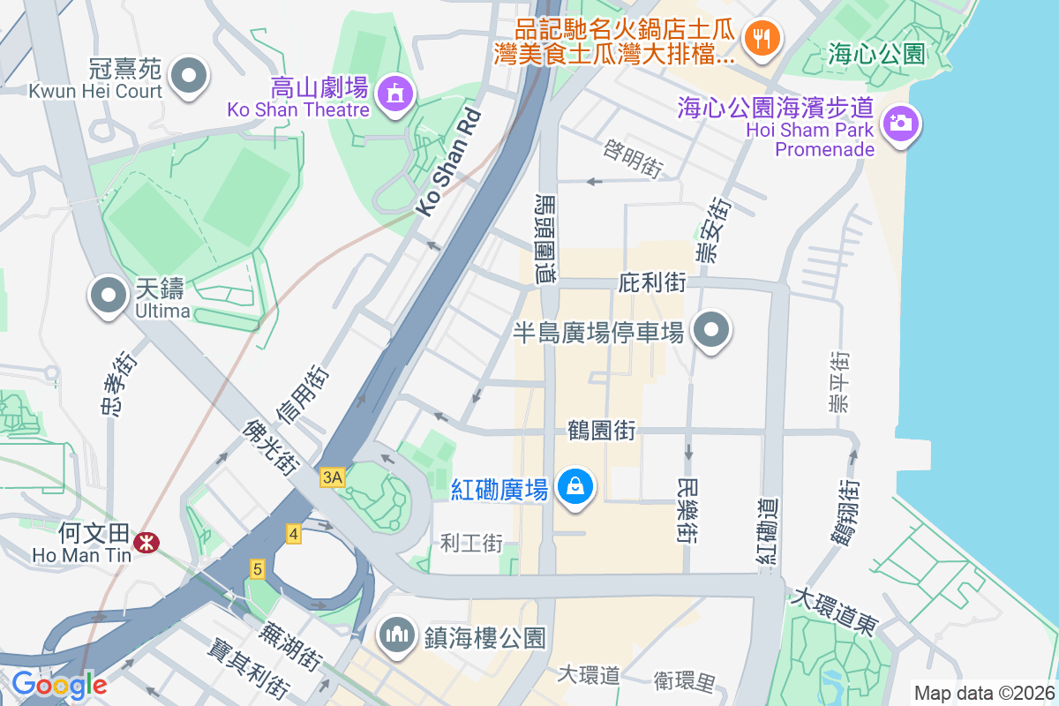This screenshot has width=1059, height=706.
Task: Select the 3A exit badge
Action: click(332, 477)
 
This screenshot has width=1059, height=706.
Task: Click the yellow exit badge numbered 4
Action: click(294, 533)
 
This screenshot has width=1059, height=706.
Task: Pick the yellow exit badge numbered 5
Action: click(257, 569)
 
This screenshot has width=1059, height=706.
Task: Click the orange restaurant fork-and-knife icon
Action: click(760, 38)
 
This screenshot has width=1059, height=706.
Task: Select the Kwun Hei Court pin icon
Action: click(187, 76)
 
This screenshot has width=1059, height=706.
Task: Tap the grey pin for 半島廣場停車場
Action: click(711, 332)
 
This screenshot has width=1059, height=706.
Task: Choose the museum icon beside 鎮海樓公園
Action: click(398, 635)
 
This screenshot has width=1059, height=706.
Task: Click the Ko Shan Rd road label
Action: click(449, 162)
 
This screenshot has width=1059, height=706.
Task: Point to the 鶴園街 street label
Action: click(603, 432)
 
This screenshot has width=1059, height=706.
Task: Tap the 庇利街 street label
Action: click(653, 283)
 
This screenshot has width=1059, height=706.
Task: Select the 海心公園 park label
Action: click(877, 55)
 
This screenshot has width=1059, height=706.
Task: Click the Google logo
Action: click(59, 684)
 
